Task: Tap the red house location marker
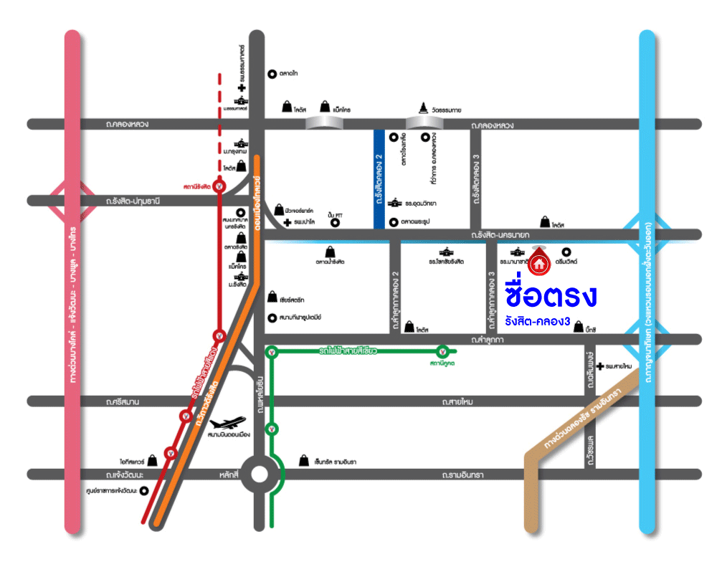coord(539,262)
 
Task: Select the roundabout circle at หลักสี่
coord(259,474)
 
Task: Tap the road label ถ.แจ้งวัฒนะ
coord(124,475)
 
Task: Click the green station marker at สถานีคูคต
coord(444,351)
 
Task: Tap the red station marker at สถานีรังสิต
coord(220,186)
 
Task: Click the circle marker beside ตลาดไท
coord(272,73)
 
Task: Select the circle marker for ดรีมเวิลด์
coord(566,252)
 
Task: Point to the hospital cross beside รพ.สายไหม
coord(600,366)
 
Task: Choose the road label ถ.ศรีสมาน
coord(124,401)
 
